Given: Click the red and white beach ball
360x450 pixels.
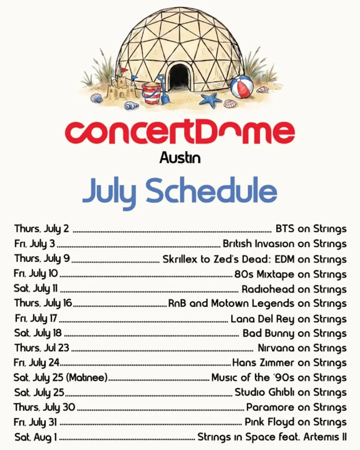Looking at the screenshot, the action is coord(242,87).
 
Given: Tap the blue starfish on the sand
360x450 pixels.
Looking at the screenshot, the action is coord(210,100).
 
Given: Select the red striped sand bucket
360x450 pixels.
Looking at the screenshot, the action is coord(151,93).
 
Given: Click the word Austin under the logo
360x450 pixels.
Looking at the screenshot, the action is coord(180,158).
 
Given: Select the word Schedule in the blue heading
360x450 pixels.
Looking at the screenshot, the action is coord(211,190).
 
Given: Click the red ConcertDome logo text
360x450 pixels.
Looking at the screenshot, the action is coord(180,132).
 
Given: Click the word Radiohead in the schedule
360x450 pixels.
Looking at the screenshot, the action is coord(268,289).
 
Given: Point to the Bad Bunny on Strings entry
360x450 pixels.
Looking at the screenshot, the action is coord(295,334).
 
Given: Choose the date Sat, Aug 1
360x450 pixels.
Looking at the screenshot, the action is coord(36,437).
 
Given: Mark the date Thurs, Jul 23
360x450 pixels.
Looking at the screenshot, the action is coord(42,348).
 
